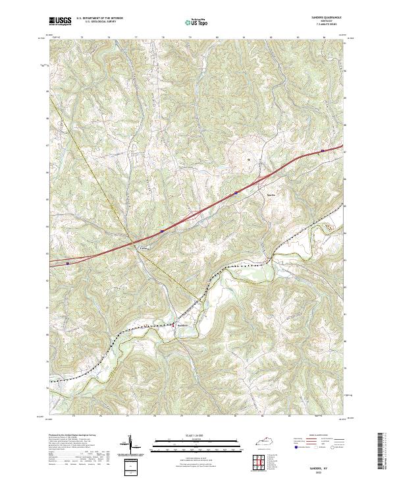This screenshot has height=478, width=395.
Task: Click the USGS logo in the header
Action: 60,21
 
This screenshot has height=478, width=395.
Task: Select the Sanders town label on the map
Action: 184,324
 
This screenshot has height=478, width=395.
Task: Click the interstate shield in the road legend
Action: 290,446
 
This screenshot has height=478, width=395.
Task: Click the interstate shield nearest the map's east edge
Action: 322,151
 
